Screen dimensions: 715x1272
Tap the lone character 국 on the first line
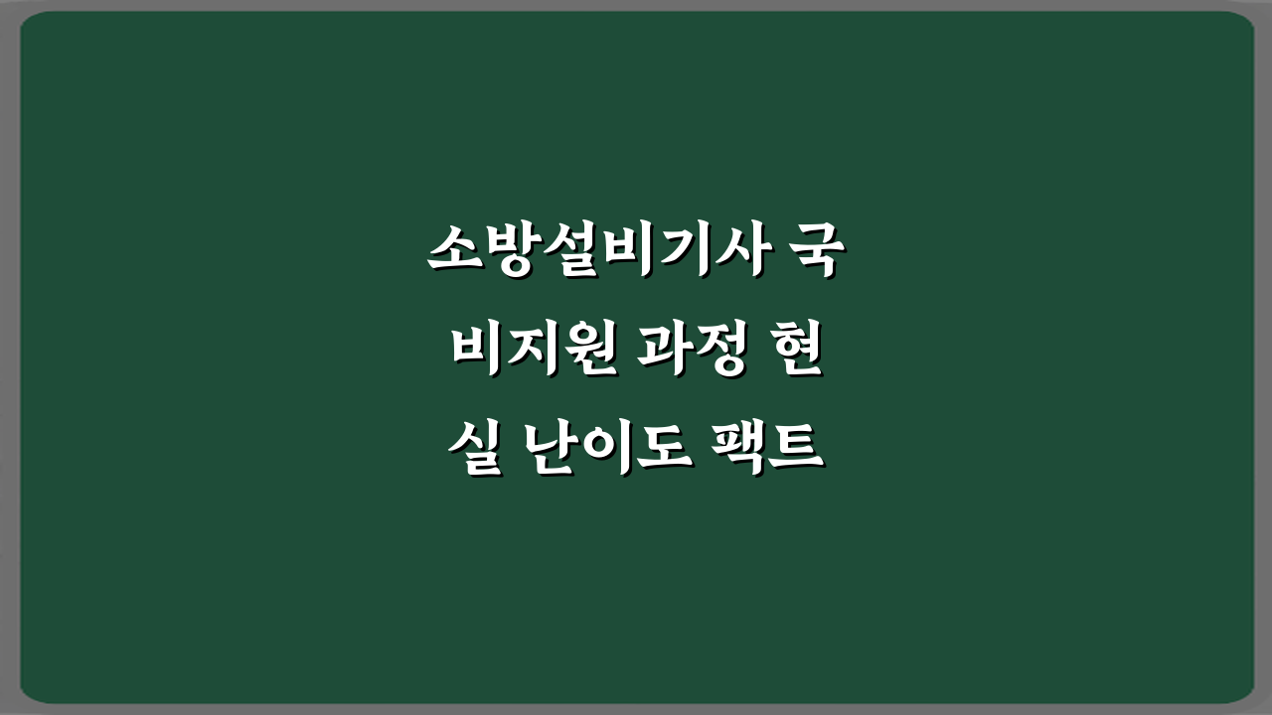click(820, 253)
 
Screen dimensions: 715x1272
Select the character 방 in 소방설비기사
click(509, 253)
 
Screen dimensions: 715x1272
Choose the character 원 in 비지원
click(586, 353)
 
